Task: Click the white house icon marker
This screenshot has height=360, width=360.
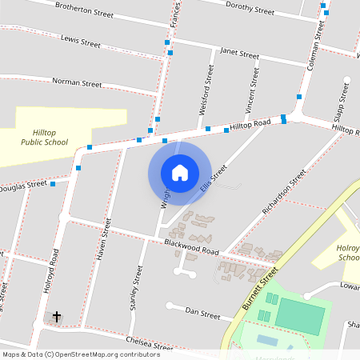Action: [x=179, y=172]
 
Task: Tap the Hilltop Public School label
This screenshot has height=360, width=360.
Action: [x=44, y=137]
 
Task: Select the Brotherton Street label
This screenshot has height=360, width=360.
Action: [x=84, y=10]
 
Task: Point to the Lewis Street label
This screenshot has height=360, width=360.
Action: [x=80, y=39]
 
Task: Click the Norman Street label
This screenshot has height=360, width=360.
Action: [x=77, y=82]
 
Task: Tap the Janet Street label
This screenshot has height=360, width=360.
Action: [x=239, y=55]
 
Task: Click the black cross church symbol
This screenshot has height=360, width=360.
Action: [x=57, y=318]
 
